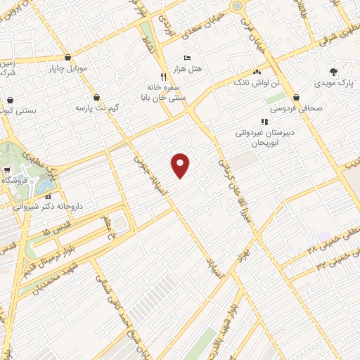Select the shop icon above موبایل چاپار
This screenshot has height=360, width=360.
click(67, 58)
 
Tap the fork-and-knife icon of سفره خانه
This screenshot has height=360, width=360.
click(163, 76)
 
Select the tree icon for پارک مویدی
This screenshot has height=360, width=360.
click(333, 72)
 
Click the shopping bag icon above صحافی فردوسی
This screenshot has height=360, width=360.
click(297, 97)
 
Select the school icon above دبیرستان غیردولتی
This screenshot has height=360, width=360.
click(265, 122)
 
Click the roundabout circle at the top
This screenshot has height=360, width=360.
click(238, 6)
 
